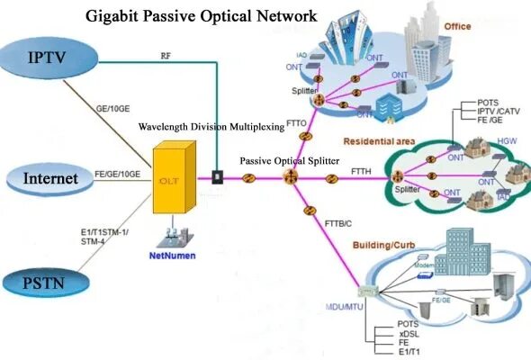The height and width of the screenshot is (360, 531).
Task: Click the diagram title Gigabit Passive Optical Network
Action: (x=201, y=16)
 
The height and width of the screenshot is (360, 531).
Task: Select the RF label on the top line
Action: (x=166, y=54)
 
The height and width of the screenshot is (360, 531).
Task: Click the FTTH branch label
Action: (x=352, y=170)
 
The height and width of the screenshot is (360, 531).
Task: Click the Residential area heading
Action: (x=379, y=141)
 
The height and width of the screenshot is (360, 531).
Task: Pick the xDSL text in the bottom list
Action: (x=408, y=333)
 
